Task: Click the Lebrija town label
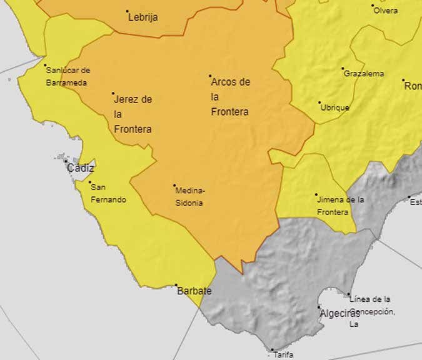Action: (143, 17)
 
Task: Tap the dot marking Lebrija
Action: (128, 11)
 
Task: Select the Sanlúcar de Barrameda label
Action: (68, 76)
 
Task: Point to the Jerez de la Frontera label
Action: (133, 114)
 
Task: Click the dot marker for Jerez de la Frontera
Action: (113, 94)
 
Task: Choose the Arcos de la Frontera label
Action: (230, 97)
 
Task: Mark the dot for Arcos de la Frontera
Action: (210, 76)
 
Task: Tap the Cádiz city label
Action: (81, 168)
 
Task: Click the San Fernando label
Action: (108, 193)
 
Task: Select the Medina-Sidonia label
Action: (190, 197)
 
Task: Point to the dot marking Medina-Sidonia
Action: (174, 186)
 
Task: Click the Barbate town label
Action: (194, 291)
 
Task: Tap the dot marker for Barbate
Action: (176, 286)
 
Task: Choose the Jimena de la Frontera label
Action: (341, 206)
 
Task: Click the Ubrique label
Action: (334, 107)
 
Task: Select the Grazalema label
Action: (364, 74)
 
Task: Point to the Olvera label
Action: (385, 11)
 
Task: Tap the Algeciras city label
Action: (339, 314)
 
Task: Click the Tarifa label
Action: (283, 354)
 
